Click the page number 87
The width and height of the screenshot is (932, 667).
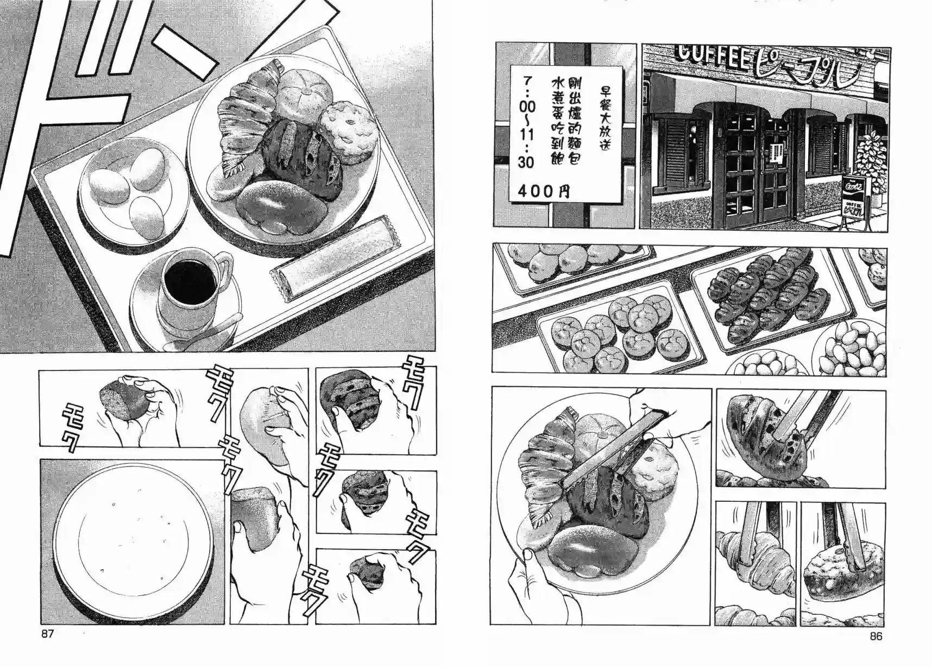47,633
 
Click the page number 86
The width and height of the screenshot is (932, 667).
876,636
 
